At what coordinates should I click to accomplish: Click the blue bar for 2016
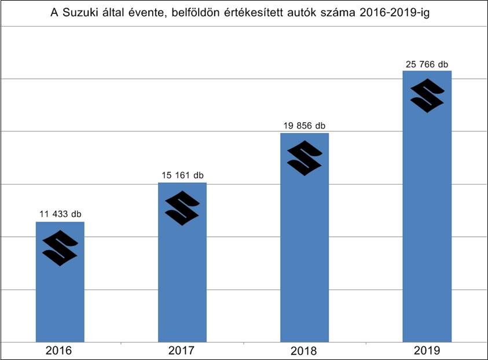(60, 301)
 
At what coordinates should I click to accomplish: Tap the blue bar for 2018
(304, 260)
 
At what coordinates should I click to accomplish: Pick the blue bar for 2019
(427, 232)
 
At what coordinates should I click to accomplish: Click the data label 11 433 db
(60, 214)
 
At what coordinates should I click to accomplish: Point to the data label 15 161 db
(182, 175)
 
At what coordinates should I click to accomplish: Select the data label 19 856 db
(304, 126)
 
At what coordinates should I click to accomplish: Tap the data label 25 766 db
(427, 64)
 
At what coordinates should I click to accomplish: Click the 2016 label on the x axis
(60, 351)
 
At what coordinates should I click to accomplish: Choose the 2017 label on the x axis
(182, 351)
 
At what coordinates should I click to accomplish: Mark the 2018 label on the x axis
(304, 351)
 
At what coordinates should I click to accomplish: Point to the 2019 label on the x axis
(427, 351)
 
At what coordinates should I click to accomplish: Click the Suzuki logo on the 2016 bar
(60, 248)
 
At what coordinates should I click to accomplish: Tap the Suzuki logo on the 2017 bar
(182, 208)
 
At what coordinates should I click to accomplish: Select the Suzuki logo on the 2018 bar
(304, 158)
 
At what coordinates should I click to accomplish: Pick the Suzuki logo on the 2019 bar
(427, 95)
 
